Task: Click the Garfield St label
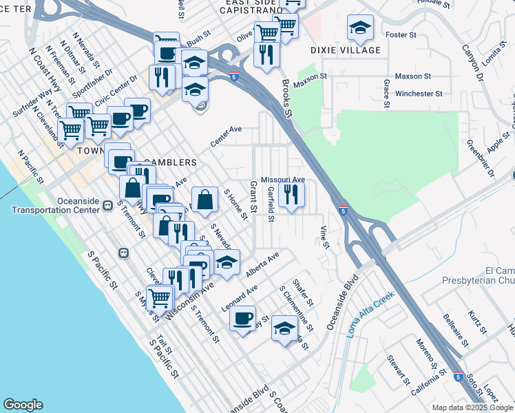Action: pos(271,204)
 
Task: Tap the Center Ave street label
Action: pos(227,136)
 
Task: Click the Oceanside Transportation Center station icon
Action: pos(107,205)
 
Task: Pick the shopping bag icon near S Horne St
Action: pos(204,200)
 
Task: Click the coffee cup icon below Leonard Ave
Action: pos(242,319)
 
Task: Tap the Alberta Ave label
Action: pos(263,265)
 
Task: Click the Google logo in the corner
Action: pos(23,405)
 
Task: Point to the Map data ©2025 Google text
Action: pos(472,407)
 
